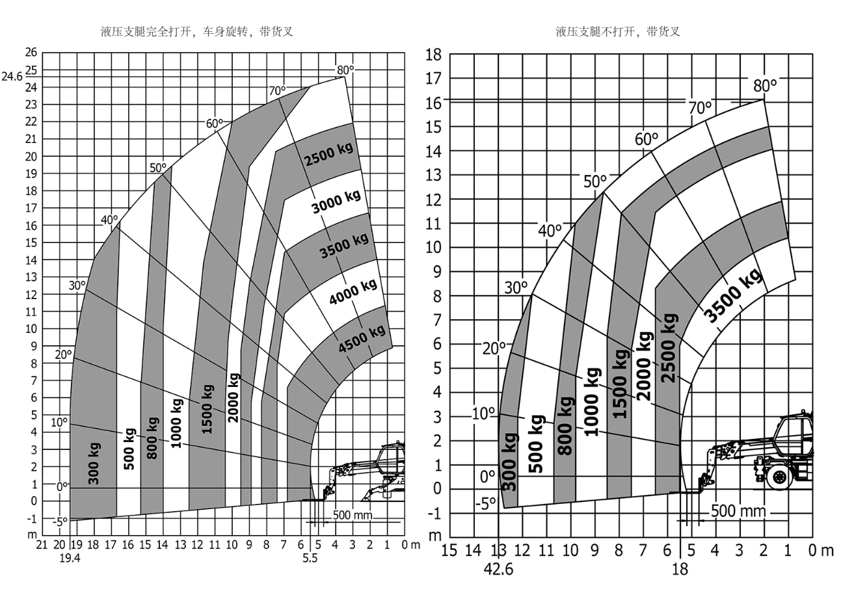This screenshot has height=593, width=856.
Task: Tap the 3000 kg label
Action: pyautogui.click(x=336, y=201)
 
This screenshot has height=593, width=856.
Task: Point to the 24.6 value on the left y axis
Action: pyautogui.click(x=12, y=76)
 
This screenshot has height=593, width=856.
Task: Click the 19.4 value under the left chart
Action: pyautogui.click(x=68, y=558)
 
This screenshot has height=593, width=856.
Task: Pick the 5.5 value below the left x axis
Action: pyautogui.click(x=310, y=558)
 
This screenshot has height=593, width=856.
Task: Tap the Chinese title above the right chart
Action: pyautogui.click(x=618, y=31)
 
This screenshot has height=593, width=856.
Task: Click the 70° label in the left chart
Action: pyautogui.click(x=277, y=90)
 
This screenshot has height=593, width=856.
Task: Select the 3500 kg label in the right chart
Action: pyautogui.click(x=733, y=296)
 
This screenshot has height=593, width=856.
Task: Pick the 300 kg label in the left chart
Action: pyautogui.click(x=94, y=463)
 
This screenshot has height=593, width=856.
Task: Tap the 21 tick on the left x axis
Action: pyautogui.click(x=44, y=544)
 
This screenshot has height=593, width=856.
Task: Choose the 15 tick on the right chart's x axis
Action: pyautogui.click(x=449, y=551)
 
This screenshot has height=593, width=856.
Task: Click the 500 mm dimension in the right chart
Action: pyautogui.click(x=738, y=511)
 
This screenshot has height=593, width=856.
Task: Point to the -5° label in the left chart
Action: pyautogui.click(x=60, y=521)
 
